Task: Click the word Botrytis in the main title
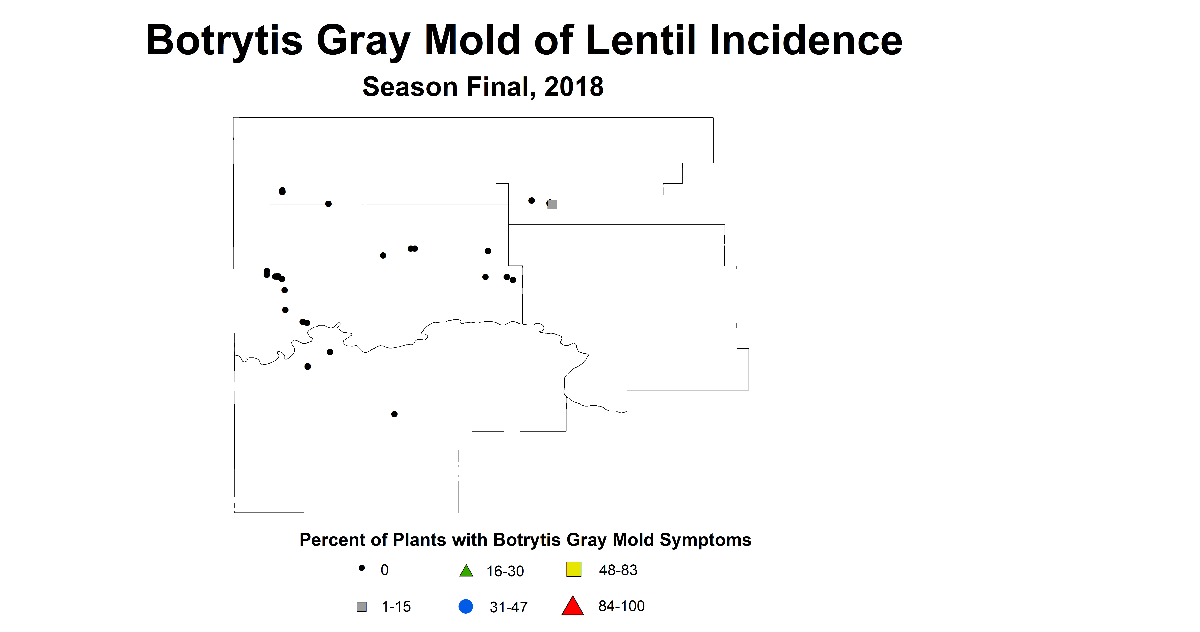tap(224, 41)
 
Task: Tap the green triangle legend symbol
tap(466, 571)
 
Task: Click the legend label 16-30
tap(505, 571)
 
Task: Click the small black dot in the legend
tap(361, 568)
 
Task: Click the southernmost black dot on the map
tap(394, 414)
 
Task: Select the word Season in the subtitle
tap(410, 87)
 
